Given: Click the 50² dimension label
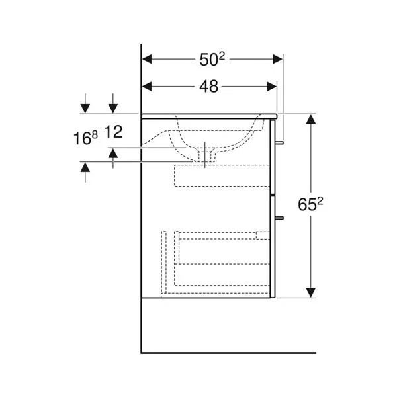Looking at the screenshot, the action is click(212, 60).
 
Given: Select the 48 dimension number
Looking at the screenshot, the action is click(208, 87).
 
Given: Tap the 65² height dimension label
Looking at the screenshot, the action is click(310, 204).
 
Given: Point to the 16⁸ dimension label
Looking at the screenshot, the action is click(85, 138).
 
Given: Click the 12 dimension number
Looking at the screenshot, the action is click(113, 132).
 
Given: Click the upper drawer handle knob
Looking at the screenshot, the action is click(279, 143).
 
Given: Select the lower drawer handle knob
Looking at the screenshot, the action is click(279, 218).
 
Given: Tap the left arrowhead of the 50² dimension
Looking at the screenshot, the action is click(147, 59).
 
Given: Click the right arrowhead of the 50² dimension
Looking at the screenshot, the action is click(277, 59).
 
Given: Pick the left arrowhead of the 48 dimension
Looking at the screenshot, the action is click(147, 86).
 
